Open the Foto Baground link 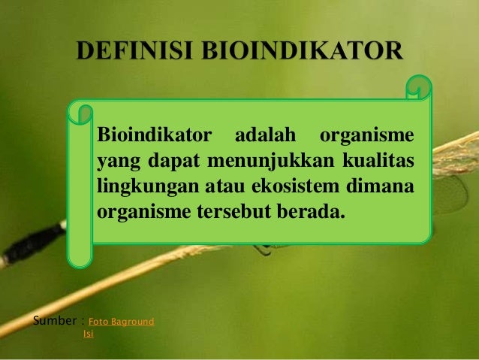point(121,322)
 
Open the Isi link point(88,334)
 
